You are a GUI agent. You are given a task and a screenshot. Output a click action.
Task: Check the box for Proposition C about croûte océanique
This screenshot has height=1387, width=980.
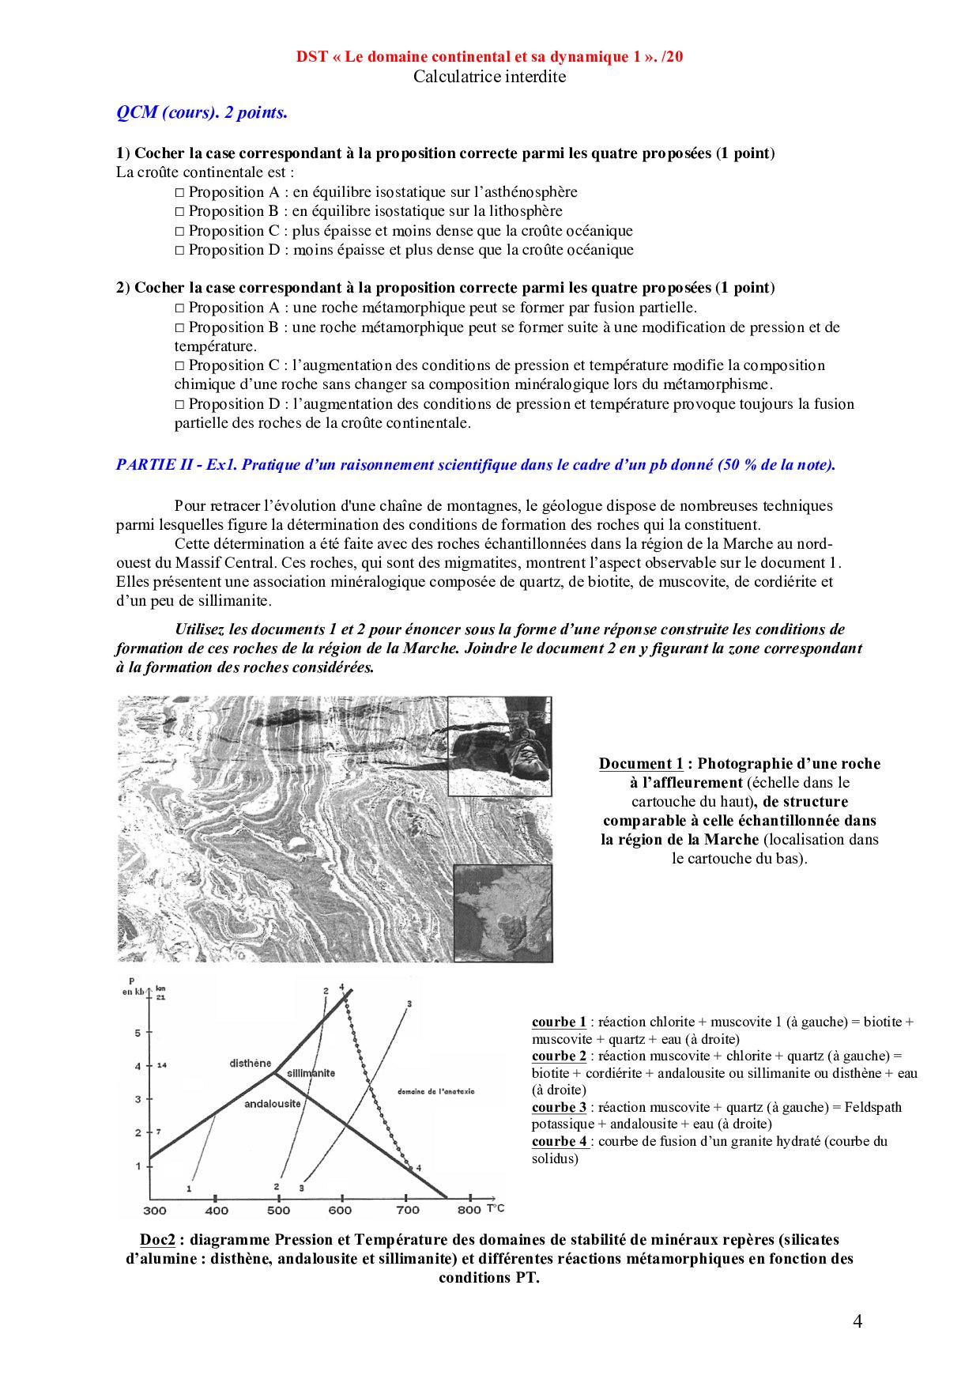tap(179, 231)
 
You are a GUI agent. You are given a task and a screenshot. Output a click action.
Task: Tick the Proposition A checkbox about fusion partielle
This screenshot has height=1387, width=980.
tap(179, 308)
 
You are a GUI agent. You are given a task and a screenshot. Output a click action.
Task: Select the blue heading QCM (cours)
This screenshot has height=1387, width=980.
tap(202, 112)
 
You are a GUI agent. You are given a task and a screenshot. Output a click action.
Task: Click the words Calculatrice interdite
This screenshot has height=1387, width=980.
tap(489, 77)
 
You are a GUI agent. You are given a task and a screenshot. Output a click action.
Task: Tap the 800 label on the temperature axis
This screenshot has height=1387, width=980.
tap(469, 1210)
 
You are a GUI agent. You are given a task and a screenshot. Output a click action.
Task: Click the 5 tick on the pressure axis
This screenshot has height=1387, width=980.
tap(138, 1033)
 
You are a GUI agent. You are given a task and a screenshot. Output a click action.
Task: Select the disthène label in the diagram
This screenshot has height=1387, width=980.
tap(251, 1063)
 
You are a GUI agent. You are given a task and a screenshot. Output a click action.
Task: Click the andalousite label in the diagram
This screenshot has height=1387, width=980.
tap(272, 1104)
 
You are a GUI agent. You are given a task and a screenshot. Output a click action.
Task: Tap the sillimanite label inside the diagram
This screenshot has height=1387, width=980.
tap(311, 1073)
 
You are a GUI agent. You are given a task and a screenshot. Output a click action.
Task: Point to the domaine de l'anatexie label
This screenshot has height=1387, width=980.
tap(435, 1091)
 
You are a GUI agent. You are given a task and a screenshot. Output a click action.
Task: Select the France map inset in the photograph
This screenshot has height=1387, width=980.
tap(503, 913)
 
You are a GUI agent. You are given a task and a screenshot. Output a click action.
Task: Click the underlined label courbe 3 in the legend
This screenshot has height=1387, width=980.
tap(559, 1107)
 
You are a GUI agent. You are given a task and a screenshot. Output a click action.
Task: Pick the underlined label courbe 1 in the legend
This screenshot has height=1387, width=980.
tap(559, 1022)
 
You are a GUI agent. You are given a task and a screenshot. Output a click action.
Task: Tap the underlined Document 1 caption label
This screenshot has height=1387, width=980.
tap(641, 764)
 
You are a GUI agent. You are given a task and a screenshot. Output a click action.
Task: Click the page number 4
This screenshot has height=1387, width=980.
tap(857, 1321)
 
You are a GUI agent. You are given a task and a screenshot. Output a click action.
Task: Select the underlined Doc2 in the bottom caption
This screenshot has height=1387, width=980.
tap(157, 1240)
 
